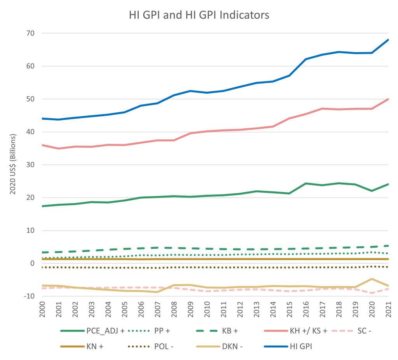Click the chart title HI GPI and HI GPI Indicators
(199, 16)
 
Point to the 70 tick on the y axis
(30, 33)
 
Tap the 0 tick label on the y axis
(33, 263)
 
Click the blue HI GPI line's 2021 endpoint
(388, 40)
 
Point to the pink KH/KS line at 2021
(388, 99)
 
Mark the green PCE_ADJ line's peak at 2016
(305, 183)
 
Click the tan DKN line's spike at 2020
(372, 279)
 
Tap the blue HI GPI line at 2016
(305, 59)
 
